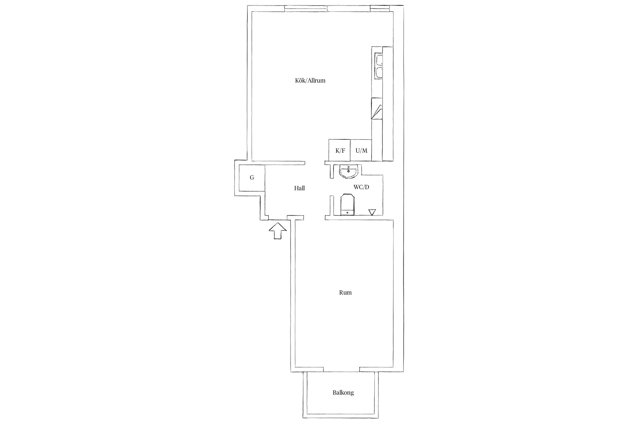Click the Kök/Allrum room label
click(x=310, y=81)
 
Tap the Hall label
click(x=299, y=188)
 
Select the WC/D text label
click(x=361, y=187)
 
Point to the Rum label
click(x=345, y=293)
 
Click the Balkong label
click(x=343, y=393)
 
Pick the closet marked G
click(x=252, y=178)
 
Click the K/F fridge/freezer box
click(x=339, y=150)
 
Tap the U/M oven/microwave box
click(x=361, y=150)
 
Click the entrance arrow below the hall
click(x=278, y=231)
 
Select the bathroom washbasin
click(x=349, y=172)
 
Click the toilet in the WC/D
click(x=347, y=204)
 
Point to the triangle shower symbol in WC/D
click(x=372, y=212)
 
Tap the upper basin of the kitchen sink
click(x=378, y=60)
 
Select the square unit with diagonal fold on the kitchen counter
click(x=377, y=109)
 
